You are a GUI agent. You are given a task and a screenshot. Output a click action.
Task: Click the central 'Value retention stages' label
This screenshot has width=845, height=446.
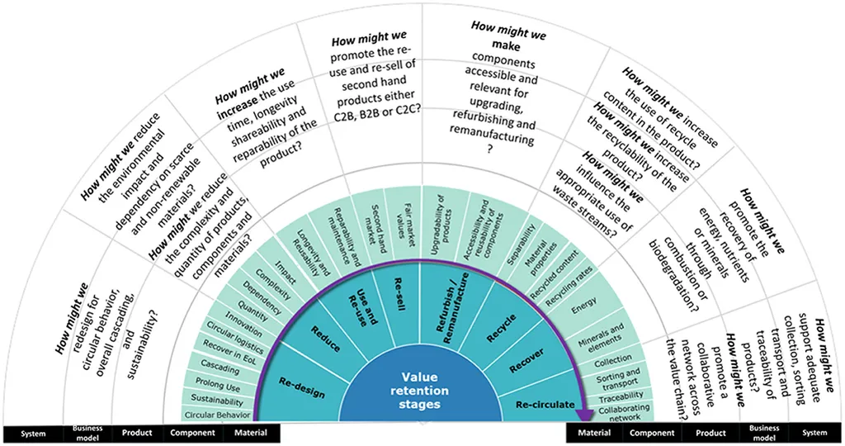(419, 391)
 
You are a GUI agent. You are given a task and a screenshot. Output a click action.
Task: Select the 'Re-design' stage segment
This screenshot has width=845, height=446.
(302, 388)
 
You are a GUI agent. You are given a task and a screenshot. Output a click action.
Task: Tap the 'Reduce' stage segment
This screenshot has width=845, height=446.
(325, 338)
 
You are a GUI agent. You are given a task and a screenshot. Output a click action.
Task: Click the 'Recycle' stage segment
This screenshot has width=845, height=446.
(501, 329)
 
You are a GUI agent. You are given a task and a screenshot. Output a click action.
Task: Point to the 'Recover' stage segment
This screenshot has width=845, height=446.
(526, 360)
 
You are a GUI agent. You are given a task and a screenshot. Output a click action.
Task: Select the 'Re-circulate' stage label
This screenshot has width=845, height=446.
(545, 405)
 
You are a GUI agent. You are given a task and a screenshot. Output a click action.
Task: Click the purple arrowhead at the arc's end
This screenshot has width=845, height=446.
(583, 415)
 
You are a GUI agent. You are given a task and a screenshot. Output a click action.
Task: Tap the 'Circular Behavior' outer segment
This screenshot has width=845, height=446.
(217, 415)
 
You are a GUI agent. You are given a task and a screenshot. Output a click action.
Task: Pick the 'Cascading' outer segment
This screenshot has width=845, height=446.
(220, 368)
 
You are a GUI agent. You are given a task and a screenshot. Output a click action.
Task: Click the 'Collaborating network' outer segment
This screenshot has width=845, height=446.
(625, 413)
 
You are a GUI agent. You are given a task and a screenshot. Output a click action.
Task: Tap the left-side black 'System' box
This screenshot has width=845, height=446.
(33, 434)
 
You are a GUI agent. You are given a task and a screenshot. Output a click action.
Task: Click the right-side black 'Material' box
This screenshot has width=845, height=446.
(594, 433)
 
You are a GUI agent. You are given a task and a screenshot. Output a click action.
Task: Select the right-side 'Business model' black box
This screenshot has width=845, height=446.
(763, 433)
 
